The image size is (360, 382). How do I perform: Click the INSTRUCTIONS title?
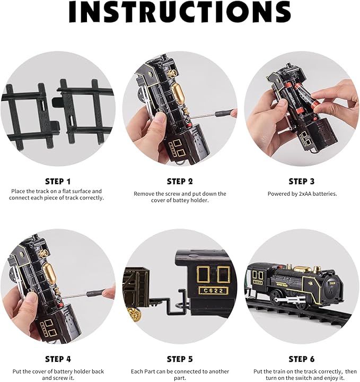180,12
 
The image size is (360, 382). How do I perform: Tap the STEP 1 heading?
58,181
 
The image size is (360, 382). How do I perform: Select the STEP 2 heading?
180,181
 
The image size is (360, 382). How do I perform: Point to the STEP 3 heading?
302,181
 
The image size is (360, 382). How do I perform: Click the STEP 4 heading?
58,359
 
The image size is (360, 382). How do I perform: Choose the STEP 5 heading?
180,359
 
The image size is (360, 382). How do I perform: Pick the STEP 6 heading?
302,359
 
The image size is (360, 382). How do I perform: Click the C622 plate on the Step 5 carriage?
214,291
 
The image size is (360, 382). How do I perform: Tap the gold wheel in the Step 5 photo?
134,315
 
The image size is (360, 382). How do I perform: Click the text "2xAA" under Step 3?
305,194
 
